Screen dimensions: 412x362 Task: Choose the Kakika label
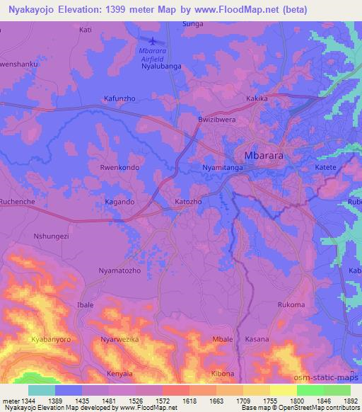[257, 99]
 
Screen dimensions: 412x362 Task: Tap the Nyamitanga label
[214, 168]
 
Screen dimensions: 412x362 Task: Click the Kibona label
[223, 373]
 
